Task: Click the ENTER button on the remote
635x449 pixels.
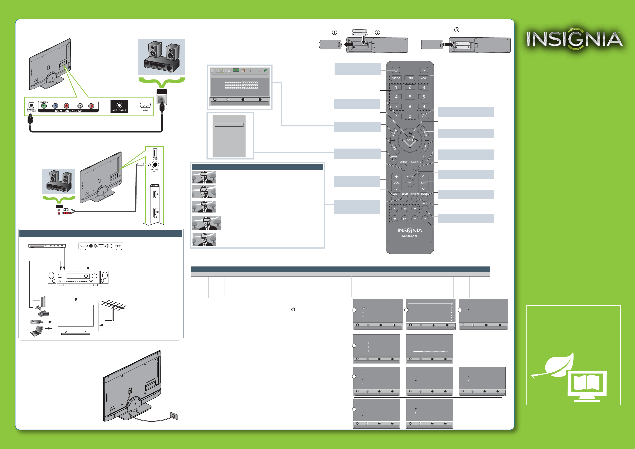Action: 410,140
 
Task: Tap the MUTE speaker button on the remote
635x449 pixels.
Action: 410,183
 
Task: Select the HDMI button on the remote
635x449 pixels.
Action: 410,78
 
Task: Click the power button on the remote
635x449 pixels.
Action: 396,70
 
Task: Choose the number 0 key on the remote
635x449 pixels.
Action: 410,116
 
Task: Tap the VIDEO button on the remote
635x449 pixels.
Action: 396,78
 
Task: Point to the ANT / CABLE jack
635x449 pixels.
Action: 119,106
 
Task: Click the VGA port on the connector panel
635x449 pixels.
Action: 145,105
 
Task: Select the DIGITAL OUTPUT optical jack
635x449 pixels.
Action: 31,105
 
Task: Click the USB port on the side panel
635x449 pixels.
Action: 155,153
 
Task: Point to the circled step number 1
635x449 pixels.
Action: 334,32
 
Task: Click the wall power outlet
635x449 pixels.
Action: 174,416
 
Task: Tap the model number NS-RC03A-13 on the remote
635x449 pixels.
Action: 410,236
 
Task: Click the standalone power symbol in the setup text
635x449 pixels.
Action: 293,309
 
